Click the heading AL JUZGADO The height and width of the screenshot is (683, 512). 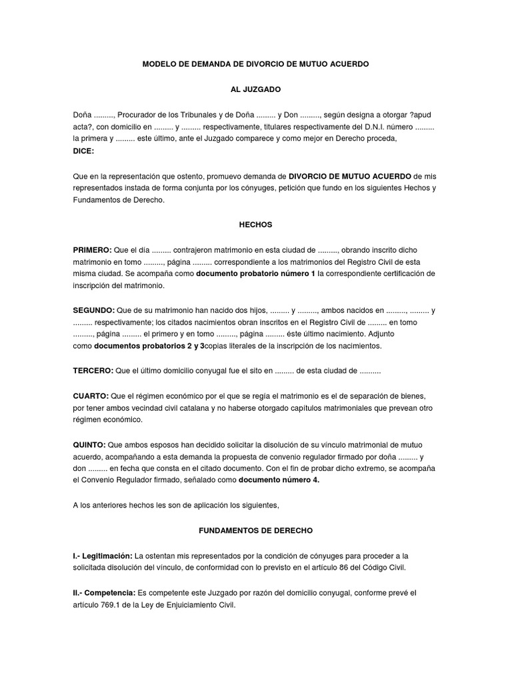point(255,89)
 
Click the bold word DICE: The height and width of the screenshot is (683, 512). point(83,151)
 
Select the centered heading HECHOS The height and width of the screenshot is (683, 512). point(255,225)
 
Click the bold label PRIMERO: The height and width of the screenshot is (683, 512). point(93,249)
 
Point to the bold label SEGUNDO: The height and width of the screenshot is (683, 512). point(93,310)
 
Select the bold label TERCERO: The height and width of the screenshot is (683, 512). point(93,370)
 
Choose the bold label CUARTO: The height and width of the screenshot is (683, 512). point(91,396)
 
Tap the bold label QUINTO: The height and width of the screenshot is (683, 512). point(90,444)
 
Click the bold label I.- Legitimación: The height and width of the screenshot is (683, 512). point(103,555)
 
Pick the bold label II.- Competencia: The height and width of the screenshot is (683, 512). point(104,592)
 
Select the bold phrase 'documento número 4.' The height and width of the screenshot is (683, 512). point(279,480)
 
